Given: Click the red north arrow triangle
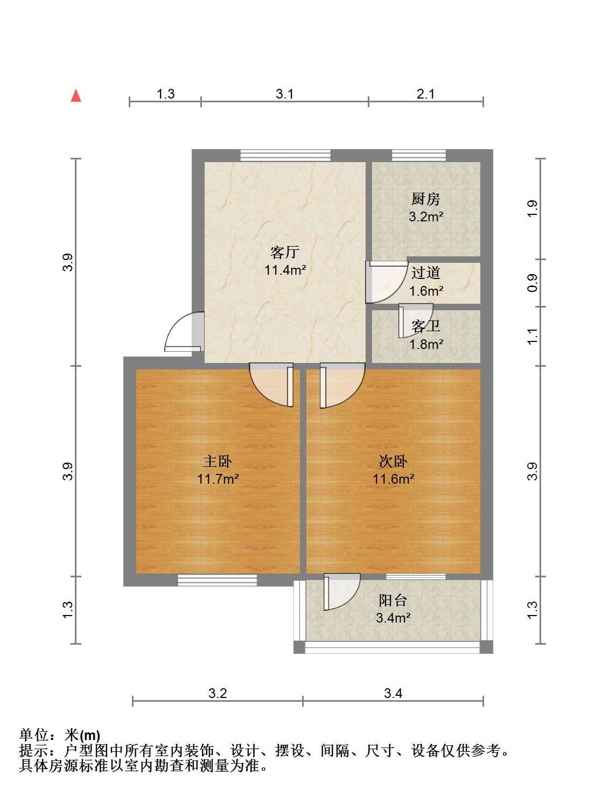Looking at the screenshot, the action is tap(76, 96).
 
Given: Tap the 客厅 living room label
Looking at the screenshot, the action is tap(285, 252).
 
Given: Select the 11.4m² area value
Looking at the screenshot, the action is tap(285, 270).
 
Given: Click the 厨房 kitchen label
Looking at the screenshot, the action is tap(426, 199).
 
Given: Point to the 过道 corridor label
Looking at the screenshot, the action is tap(426, 273).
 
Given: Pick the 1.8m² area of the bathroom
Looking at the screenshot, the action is tap(426, 344).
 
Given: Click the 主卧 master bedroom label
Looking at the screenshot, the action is tap(218, 461).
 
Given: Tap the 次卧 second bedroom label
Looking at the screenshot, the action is tap(393, 461).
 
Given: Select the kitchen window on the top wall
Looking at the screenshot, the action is tap(419, 155).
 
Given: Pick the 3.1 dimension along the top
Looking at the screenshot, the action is tap(285, 94).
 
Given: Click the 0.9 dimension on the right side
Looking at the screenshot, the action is tap(532, 283).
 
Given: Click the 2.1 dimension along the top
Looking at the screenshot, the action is tap(426, 94).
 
